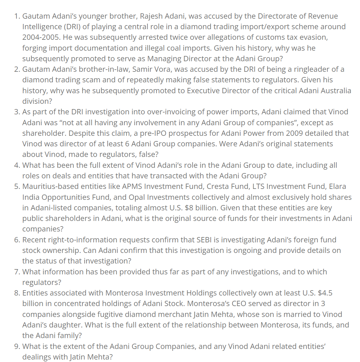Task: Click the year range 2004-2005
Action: click(41, 37)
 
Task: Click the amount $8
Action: click(189, 208)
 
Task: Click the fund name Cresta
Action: click(218, 186)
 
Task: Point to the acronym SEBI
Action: click(204, 240)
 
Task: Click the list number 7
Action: click(17, 272)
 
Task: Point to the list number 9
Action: click(17, 346)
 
